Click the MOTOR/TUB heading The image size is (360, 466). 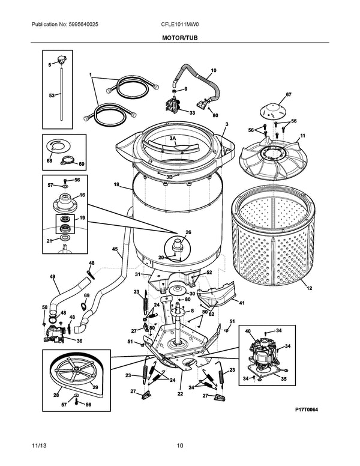coord(180,37)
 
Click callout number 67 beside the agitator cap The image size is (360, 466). coord(288,95)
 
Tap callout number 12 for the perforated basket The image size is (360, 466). coord(310,289)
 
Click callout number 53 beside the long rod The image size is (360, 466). coord(51,96)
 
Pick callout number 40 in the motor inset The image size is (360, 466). coord(247,331)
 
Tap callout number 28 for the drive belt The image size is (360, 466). coord(56,395)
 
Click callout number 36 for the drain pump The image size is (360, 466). coord(79,340)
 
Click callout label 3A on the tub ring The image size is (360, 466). coord(173,138)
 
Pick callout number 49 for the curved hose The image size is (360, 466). coord(52,276)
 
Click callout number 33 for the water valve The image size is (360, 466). coord(192,112)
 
